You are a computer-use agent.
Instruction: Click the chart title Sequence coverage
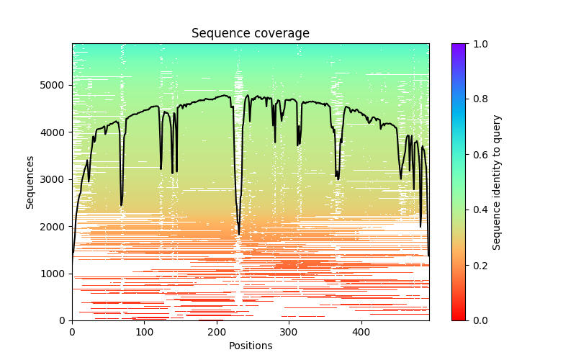(x=251, y=33)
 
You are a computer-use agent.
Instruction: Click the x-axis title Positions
(x=251, y=346)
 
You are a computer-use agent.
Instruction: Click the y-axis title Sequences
(x=30, y=181)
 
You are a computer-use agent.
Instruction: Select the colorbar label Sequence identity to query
(x=497, y=181)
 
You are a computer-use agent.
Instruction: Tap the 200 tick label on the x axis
(x=217, y=332)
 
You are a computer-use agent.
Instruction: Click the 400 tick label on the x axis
(x=361, y=332)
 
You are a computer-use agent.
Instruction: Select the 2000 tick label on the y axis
(x=56, y=226)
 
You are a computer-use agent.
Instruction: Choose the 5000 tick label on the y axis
(x=56, y=85)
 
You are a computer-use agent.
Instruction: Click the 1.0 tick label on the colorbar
(x=477, y=44)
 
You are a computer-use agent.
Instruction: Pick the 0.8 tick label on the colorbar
(x=477, y=99)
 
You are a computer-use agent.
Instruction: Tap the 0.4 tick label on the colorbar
(x=477, y=210)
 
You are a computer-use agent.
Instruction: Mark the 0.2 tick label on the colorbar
(x=477, y=265)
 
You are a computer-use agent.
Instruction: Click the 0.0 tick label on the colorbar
(x=477, y=320)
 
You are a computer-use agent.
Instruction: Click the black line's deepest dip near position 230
(x=239, y=234)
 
